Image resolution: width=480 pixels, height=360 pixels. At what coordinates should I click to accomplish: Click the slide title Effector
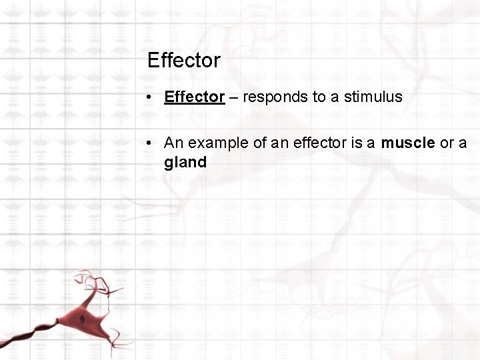point(183,61)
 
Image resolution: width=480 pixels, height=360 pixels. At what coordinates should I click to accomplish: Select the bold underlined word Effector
point(194,97)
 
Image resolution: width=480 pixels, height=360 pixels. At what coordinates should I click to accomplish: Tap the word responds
point(274,97)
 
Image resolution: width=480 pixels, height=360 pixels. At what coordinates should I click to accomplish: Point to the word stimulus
point(373,97)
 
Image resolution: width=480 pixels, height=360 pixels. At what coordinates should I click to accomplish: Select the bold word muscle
point(407,143)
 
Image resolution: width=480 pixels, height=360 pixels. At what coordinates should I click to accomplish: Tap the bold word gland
point(185,162)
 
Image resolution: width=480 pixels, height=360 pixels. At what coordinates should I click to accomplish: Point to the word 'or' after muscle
point(447,143)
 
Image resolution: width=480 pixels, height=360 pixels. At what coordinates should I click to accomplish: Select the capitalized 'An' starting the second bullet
point(173,143)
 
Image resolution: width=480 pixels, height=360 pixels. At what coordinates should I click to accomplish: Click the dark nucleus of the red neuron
point(81,320)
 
